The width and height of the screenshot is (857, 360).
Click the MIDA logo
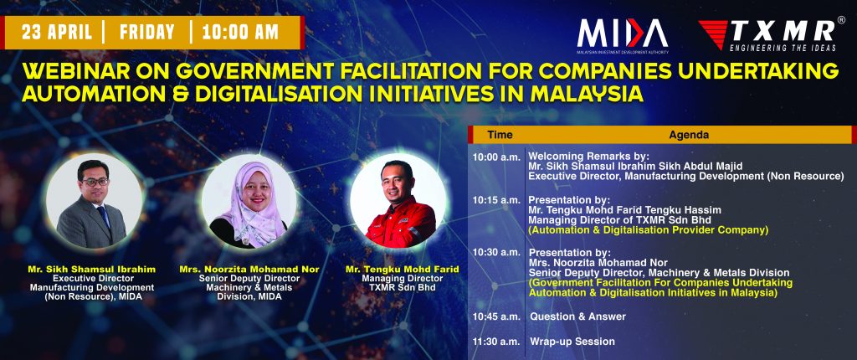pyautogui.click(x=622, y=37)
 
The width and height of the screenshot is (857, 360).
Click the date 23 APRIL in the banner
pyautogui.click(x=57, y=33)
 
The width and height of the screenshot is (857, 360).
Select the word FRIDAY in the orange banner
pyautogui.click(x=147, y=33)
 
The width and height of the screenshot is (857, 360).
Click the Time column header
pyautogui.click(x=500, y=135)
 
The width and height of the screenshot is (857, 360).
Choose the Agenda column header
pyautogui.click(x=689, y=135)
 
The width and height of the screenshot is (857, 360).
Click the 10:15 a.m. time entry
pyautogui.click(x=496, y=200)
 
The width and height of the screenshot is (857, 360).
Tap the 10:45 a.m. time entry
pyautogui.click(x=496, y=316)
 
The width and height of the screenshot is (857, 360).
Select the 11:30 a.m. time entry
pyautogui.click(x=496, y=342)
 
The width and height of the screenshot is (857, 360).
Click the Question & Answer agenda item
pyautogui.click(x=577, y=316)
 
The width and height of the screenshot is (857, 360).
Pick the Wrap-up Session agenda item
pyautogui.click(x=572, y=342)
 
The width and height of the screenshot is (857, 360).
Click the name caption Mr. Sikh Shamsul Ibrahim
pyautogui.click(x=92, y=270)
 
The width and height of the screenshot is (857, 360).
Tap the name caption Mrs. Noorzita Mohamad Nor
pyautogui.click(x=249, y=270)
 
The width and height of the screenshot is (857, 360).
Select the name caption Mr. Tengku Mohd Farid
pyautogui.click(x=402, y=270)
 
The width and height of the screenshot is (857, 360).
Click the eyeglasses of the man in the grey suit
pyautogui.click(x=96, y=182)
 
